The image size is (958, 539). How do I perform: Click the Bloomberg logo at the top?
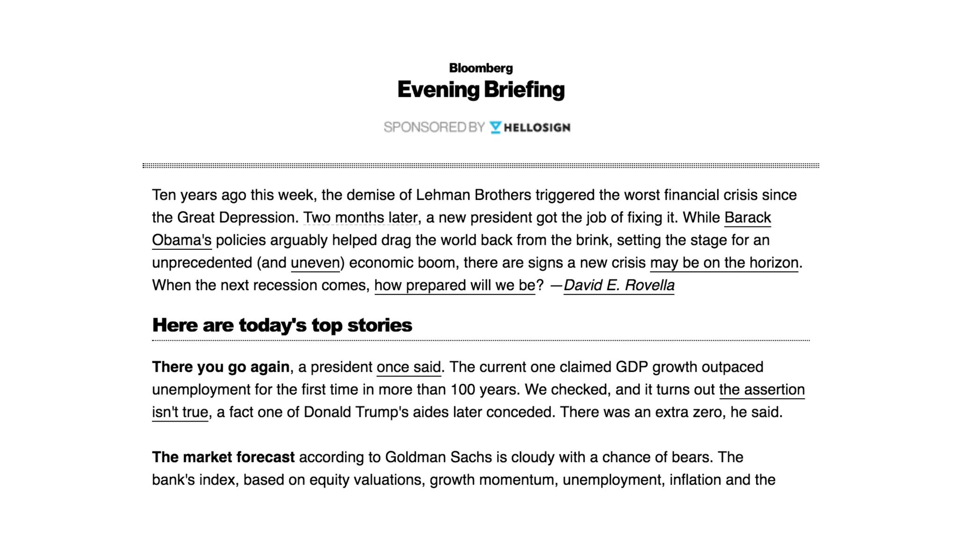[x=480, y=68]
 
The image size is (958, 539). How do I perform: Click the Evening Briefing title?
[x=481, y=90]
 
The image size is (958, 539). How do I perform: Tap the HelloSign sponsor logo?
[x=530, y=127]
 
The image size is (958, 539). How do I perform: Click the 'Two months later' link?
[x=360, y=218]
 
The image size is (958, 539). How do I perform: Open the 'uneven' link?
[x=315, y=262]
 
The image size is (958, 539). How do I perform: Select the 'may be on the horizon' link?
[x=724, y=262]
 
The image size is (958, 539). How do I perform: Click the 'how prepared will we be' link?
[x=454, y=285]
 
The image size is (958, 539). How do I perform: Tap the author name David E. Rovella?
[x=618, y=285]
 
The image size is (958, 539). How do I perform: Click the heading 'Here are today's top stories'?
[x=282, y=325]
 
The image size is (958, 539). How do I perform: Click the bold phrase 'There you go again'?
[x=221, y=367]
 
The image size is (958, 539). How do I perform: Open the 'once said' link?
[x=408, y=367]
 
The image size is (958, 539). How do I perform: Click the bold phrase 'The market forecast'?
[x=223, y=457]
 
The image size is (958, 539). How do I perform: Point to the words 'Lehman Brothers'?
[x=473, y=195]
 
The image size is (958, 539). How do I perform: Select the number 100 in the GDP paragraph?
[x=462, y=389]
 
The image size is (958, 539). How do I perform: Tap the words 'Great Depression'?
[x=236, y=218]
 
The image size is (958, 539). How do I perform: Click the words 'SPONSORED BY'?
[x=434, y=127]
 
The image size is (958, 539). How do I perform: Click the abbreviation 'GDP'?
[x=631, y=367]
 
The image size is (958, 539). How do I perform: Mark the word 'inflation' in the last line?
[x=695, y=480]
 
